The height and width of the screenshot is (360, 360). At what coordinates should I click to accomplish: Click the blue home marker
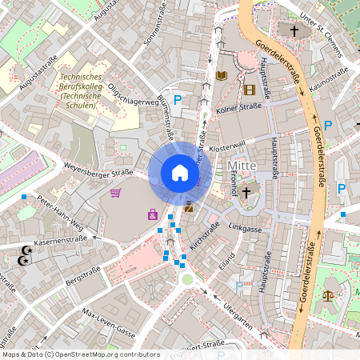(x=179, y=173)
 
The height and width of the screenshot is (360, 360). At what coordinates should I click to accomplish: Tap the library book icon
(x=222, y=77)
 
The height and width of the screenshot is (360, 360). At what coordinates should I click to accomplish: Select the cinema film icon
(x=250, y=90)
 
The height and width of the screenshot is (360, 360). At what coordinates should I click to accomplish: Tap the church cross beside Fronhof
(x=246, y=192)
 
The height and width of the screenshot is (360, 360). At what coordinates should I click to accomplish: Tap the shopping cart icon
(x=116, y=192)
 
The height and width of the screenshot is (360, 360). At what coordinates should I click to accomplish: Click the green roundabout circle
(x=187, y=278)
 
